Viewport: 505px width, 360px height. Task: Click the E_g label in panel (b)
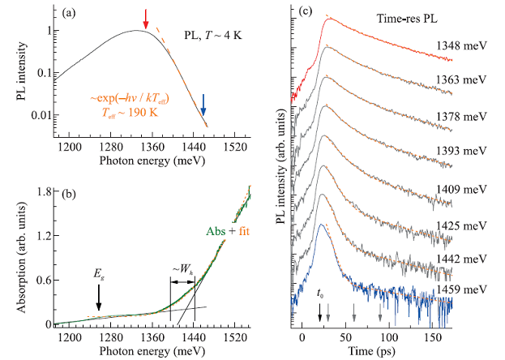pos(99,275)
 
